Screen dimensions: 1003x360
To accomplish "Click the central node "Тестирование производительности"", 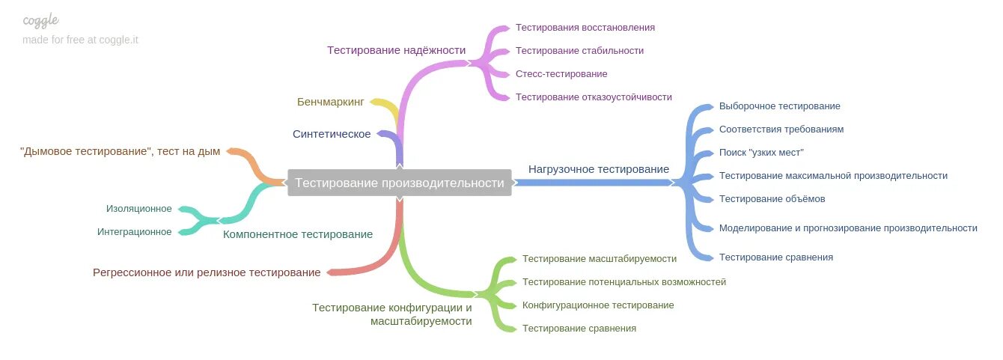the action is click(x=399, y=183).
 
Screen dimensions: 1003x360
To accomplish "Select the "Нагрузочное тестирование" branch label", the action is click(x=598, y=169).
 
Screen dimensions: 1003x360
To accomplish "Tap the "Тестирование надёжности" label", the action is click(x=396, y=50).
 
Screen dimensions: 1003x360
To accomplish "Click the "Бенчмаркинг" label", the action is click(x=330, y=102).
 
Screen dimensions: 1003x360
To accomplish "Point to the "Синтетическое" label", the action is click(x=332, y=134).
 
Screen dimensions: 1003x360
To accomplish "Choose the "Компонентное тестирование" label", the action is click(x=298, y=234).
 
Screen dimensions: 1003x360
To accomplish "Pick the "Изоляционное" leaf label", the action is click(x=138, y=209).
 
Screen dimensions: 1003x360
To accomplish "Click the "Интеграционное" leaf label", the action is click(x=134, y=232).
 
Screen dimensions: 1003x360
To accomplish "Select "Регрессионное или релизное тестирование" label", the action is click(x=207, y=272).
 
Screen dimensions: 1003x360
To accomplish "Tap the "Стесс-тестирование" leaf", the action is click(x=561, y=74).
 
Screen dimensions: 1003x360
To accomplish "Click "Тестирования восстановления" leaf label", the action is click(x=585, y=28).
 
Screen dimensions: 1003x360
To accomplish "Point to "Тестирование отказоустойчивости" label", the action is click(x=594, y=97).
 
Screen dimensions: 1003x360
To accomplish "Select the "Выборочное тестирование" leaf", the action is click(x=779, y=106).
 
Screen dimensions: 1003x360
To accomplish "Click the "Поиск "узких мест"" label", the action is click(x=761, y=153).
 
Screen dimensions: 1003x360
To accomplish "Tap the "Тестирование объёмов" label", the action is click(x=772, y=199).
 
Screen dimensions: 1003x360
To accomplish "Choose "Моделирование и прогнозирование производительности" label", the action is click(x=848, y=228).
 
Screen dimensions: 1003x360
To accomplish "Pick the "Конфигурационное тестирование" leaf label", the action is click(x=598, y=305).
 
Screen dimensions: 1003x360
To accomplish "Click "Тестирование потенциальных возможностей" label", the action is click(x=624, y=282).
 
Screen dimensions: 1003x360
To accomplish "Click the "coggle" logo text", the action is click(x=40, y=20).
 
